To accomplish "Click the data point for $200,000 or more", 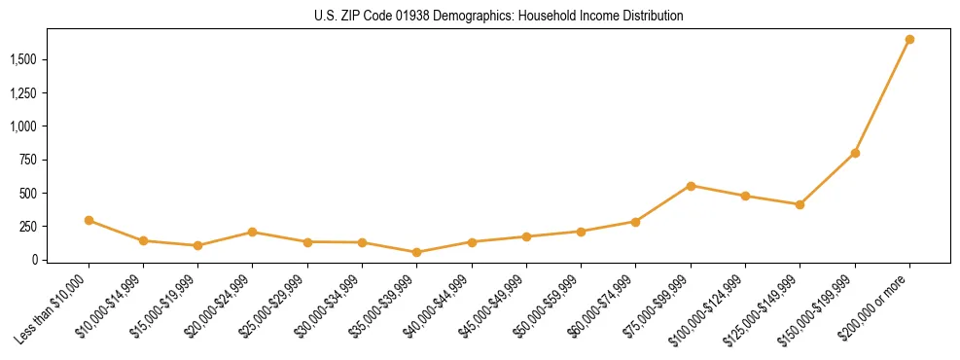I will click(x=909, y=40).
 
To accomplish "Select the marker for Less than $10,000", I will click(x=89, y=220).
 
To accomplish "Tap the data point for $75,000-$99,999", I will click(x=691, y=186).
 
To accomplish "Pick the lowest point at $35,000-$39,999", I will click(x=416, y=252).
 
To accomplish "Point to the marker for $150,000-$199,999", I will click(x=855, y=153).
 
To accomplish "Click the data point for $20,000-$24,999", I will click(x=252, y=232).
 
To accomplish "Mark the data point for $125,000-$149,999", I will click(x=800, y=204).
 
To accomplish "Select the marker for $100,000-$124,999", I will click(x=745, y=196).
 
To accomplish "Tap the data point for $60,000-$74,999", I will click(x=635, y=222).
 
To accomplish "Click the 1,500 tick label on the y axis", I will click(x=22, y=60).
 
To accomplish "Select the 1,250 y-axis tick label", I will click(x=22, y=93).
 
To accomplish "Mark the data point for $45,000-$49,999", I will click(x=526, y=236).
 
